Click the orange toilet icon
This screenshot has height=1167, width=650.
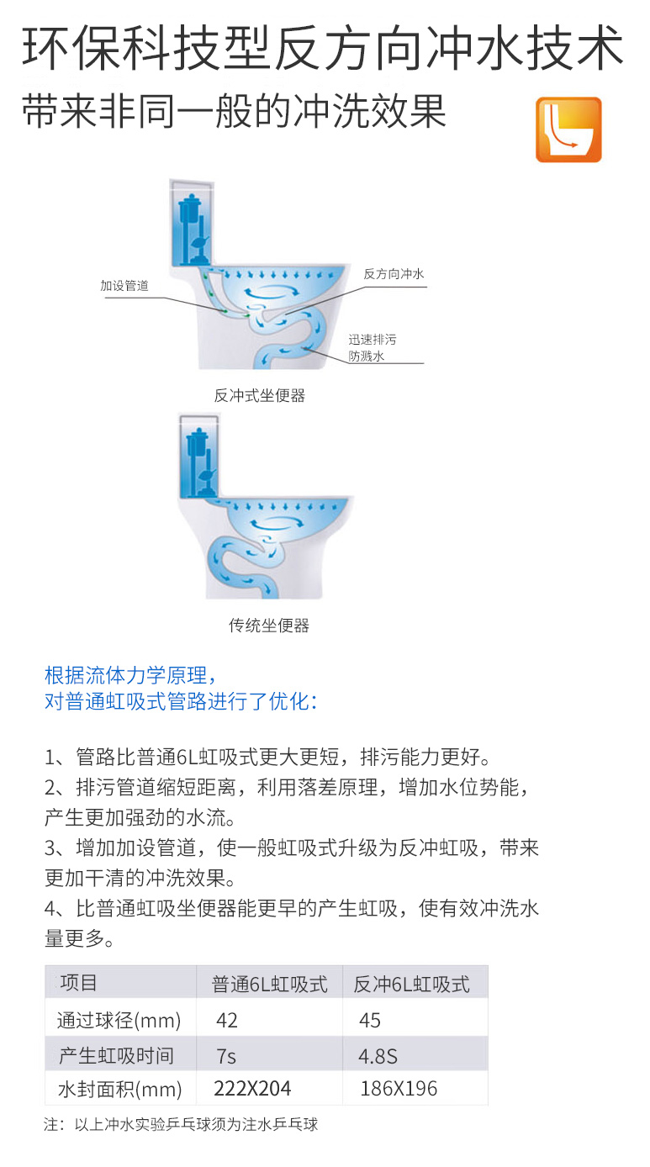pyautogui.click(x=568, y=129)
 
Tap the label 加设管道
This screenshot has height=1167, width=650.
pyautogui.click(x=124, y=286)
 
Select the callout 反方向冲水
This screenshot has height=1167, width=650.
pyautogui.click(x=394, y=273)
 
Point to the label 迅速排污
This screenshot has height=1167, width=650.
pyautogui.click(x=373, y=340)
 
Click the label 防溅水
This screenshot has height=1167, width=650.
pyautogui.click(x=367, y=356)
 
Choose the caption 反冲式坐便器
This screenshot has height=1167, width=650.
pyautogui.click(x=259, y=395)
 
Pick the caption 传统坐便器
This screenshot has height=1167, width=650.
pyautogui.click(x=269, y=626)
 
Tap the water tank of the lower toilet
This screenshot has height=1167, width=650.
pyautogui.click(x=199, y=456)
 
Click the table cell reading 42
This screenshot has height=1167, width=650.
pyautogui.click(x=227, y=1020)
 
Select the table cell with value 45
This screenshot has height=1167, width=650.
pyautogui.click(x=370, y=1020)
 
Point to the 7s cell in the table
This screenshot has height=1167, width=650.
pyautogui.click(x=226, y=1057)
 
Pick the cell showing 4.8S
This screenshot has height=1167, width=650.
pyautogui.click(x=378, y=1057)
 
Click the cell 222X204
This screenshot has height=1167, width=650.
pyautogui.click(x=252, y=1088)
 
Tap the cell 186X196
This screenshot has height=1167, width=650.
pyautogui.click(x=399, y=1088)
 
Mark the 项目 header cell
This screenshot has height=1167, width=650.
pyautogui.click(x=79, y=983)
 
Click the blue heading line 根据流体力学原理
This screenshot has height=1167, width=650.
pyautogui.click(x=130, y=675)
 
